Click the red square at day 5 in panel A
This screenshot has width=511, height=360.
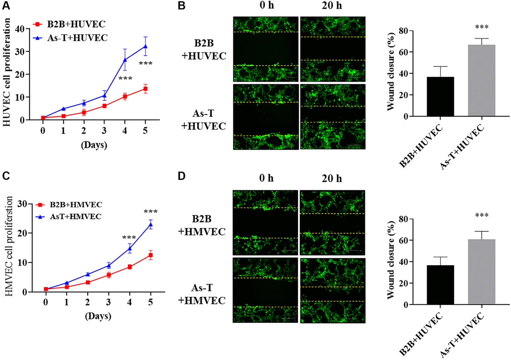145,89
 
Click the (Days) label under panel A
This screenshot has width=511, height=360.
95,144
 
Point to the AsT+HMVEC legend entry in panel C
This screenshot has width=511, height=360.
75,217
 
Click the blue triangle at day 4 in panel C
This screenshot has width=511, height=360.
129,249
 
